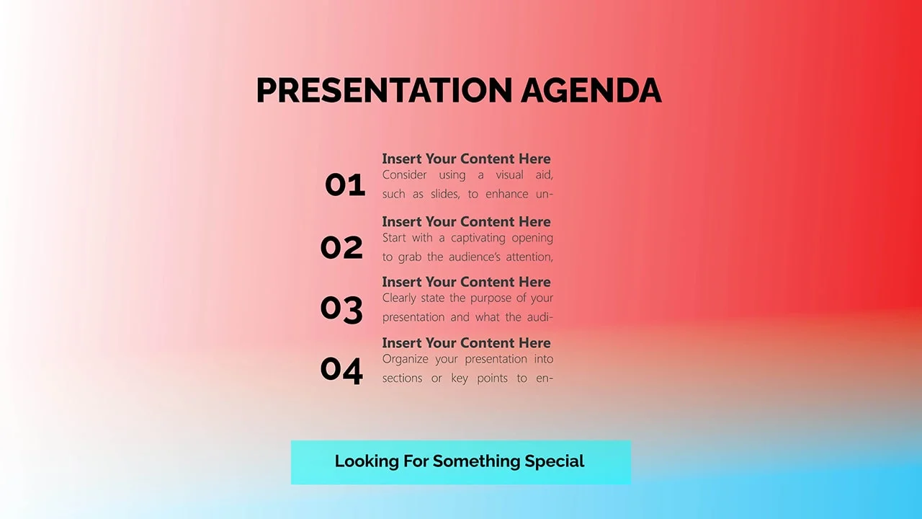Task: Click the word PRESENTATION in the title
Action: pyautogui.click(x=384, y=90)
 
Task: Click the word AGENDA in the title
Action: pyautogui.click(x=591, y=90)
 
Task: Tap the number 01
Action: pyautogui.click(x=345, y=185)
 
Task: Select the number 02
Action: pyautogui.click(x=341, y=247)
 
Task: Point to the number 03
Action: pyautogui.click(x=341, y=309)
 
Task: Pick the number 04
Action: pyautogui.click(x=341, y=371)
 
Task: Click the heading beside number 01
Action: pyautogui.click(x=466, y=159)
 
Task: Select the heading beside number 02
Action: pyautogui.click(x=466, y=221)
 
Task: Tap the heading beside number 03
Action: pyautogui.click(x=466, y=282)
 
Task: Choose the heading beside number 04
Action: pyautogui.click(x=466, y=342)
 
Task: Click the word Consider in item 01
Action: pyautogui.click(x=405, y=175)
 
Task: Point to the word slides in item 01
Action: pyautogui.click(x=445, y=194)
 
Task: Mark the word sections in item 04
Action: pyautogui.click(x=402, y=378)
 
